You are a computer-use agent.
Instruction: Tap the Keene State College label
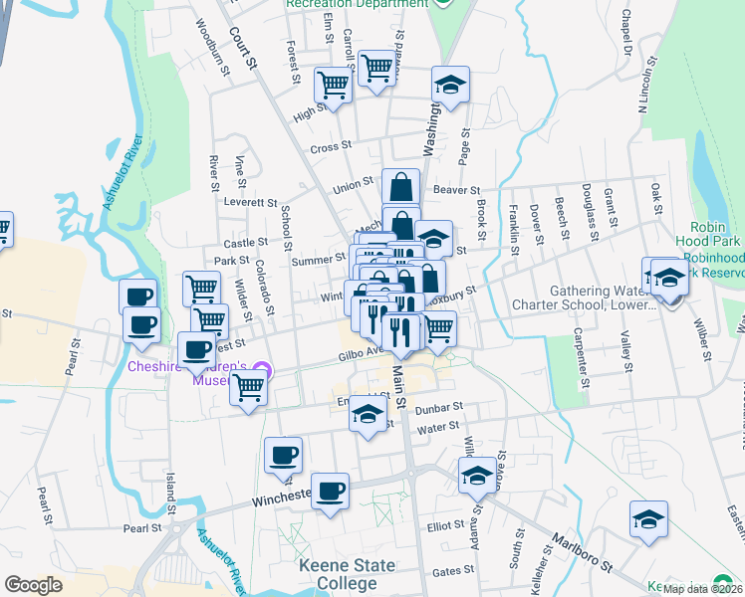[x=347, y=574]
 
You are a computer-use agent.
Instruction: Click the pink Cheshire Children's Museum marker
[x=261, y=379]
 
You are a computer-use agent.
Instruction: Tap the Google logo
[x=34, y=585]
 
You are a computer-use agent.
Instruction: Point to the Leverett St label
[x=249, y=200]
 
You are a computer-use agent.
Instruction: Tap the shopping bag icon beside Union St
[x=400, y=187]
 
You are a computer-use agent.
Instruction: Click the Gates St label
[x=453, y=571]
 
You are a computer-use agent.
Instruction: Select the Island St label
[x=170, y=496]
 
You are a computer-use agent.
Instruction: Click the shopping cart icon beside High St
[x=333, y=86]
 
